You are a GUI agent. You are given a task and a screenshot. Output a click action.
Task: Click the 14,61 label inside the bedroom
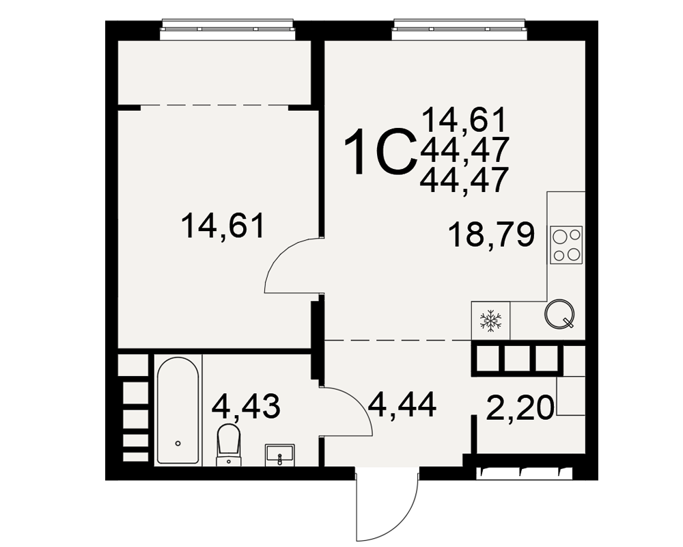[223, 226]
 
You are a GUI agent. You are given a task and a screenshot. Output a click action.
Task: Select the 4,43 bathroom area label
[246, 406]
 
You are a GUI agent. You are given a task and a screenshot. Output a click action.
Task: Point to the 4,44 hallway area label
[402, 404]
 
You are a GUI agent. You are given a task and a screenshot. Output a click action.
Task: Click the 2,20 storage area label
[520, 408]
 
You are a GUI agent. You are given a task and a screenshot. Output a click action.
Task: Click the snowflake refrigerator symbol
[490, 321]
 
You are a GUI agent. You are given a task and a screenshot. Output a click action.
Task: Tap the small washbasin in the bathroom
[279, 455]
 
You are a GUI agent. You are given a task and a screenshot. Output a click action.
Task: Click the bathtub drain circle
[178, 444]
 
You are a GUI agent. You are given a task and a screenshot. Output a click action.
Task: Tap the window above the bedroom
[228, 25]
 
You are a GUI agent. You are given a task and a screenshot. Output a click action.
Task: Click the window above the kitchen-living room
[460, 25]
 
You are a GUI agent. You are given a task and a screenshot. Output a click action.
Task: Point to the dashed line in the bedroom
[214, 105]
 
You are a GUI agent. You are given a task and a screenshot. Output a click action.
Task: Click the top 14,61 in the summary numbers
[464, 120]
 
